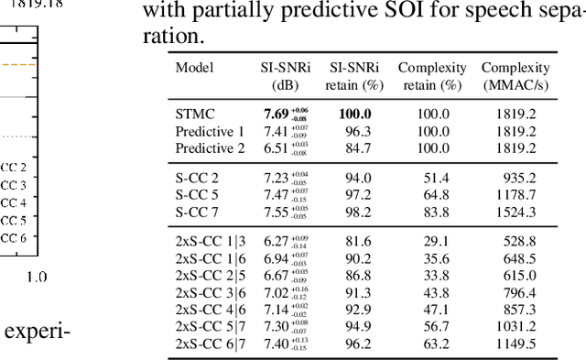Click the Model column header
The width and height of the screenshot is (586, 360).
point(194,68)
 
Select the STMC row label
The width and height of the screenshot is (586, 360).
point(195,115)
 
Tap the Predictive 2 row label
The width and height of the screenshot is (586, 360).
point(211,147)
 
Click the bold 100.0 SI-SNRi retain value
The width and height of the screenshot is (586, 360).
point(353,115)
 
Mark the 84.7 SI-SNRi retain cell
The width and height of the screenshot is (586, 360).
point(353,147)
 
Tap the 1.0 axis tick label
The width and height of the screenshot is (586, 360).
point(38,276)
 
